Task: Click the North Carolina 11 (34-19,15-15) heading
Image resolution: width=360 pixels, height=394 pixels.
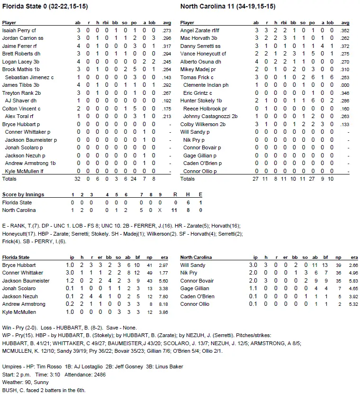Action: [x=228, y=7]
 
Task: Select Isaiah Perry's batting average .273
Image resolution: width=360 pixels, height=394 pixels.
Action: [x=166, y=30]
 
